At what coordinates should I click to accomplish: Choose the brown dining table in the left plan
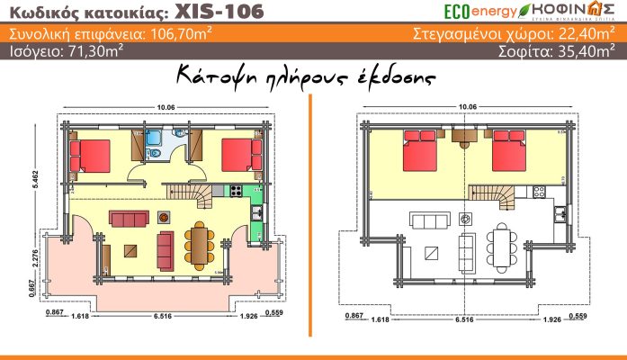coord(198,240)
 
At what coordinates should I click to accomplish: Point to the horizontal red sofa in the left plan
coord(128,218)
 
